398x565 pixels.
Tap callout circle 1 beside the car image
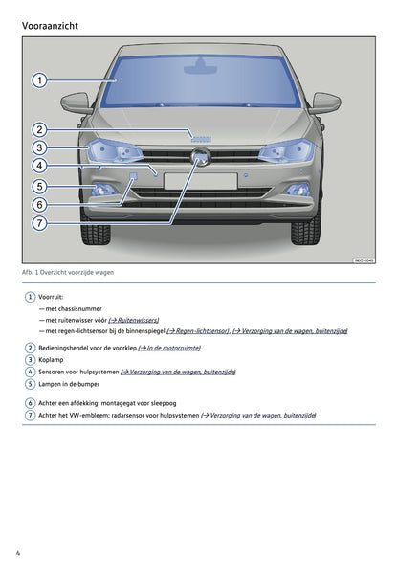click(39, 80)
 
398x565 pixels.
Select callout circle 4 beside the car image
click(39, 166)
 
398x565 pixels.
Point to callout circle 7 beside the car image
click(39, 223)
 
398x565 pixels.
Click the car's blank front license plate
click(199, 181)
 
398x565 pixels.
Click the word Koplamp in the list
click(52, 360)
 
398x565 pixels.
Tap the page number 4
click(18, 553)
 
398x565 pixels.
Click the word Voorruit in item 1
click(54, 298)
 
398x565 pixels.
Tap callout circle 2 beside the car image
click(39, 130)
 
